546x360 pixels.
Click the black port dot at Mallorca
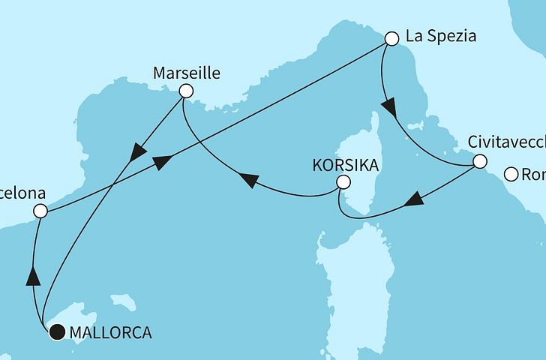pos(56,332)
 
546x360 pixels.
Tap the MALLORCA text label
pos(110,332)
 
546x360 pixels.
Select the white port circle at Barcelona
pos(40,212)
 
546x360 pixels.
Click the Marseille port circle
pos(185,91)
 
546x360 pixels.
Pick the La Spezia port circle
pos(391,37)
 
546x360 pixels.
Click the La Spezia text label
pos(440,36)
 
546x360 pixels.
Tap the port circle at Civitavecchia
pos(479,160)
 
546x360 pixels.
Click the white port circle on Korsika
pos(343,182)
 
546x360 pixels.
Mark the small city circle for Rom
pos(511,175)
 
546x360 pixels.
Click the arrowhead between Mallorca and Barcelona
pos(32,277)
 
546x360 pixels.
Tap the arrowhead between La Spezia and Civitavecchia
pos(388,109)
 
